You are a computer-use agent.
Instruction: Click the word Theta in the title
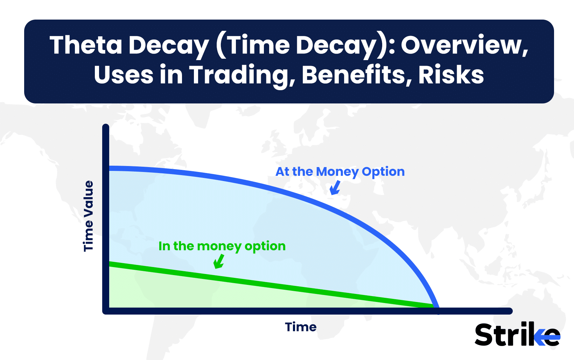point(86,45)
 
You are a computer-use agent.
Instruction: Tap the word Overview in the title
point(464,45)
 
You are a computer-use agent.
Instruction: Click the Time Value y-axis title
point(89,216)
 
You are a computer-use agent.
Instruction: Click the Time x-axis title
point(301,327)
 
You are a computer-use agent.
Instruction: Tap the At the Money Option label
point(340,172)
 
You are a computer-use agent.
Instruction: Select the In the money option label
point(222,246)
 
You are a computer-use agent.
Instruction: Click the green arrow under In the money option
point(219,262)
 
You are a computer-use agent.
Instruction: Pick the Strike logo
point(517,334)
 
